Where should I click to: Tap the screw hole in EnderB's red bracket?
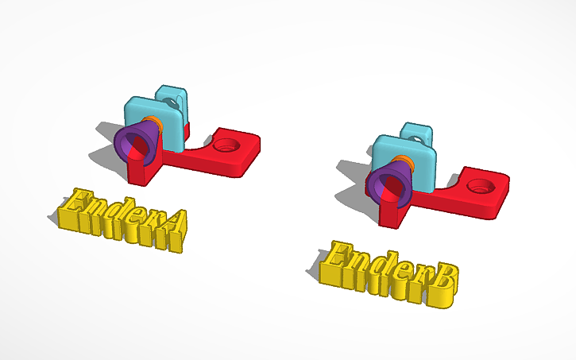tap(479, 187)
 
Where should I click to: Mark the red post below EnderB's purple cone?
tap(392, 211)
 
